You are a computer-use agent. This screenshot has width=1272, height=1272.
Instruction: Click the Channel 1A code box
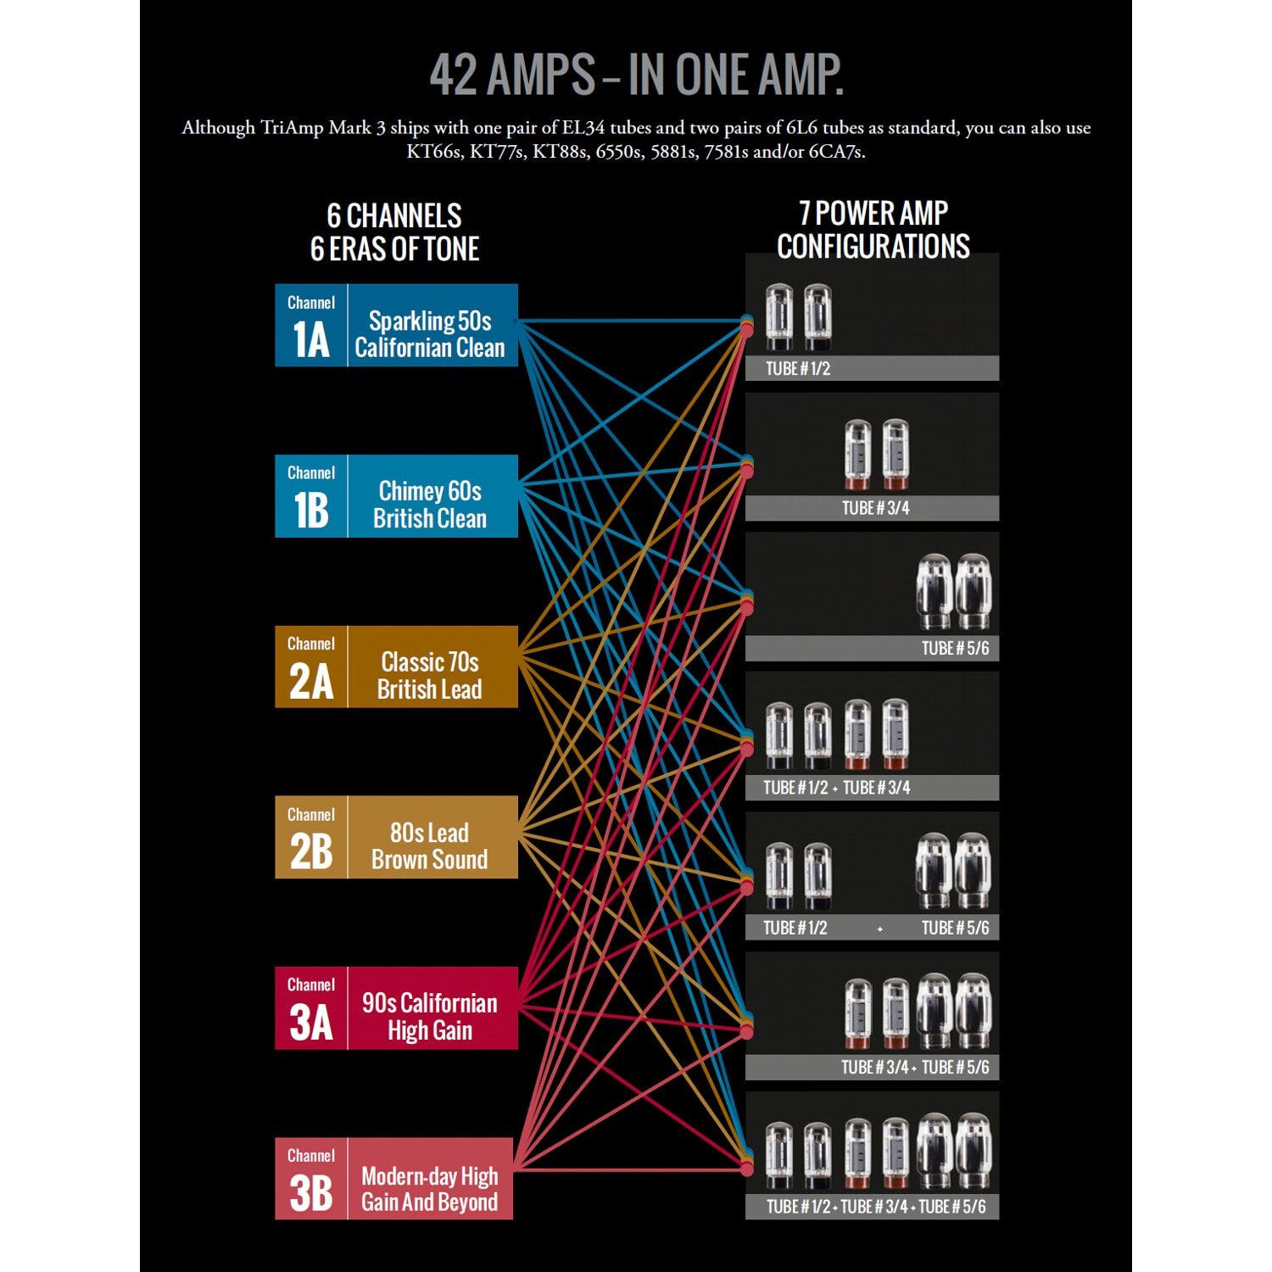point(310,326)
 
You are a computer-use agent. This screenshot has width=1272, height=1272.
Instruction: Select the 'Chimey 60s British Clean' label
point(430,505)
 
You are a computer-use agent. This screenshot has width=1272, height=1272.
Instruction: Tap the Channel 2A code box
point(310,667)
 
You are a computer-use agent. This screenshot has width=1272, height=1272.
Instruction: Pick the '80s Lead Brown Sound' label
point(430,845)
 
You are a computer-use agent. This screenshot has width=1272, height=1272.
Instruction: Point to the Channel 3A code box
point(310,1008)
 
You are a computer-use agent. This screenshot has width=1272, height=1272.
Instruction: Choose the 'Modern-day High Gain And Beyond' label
point(429,1189)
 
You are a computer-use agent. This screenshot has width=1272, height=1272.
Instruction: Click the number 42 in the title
point(455,75)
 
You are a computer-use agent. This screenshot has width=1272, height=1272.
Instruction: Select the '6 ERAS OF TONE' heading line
point(394,249)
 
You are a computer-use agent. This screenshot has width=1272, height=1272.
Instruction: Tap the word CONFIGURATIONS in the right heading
point(873,247)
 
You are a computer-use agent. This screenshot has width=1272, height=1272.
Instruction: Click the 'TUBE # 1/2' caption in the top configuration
point(798,369)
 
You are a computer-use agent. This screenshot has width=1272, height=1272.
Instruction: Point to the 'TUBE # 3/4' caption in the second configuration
point(875,508)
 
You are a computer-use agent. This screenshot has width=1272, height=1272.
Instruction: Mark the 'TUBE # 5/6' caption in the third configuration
point(955,648)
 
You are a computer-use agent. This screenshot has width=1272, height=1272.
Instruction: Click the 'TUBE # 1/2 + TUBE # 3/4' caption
point(836,788)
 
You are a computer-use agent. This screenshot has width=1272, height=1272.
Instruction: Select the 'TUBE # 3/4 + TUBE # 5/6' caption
point(914,1068)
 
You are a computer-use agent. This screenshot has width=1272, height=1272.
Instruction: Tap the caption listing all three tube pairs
point(875,1207)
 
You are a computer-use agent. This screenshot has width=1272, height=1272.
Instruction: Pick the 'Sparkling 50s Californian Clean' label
point(430,334)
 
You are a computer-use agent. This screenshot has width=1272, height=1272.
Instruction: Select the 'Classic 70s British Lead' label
point(430,676)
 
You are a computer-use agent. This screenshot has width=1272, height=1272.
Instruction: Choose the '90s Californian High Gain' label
point(430,1017)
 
